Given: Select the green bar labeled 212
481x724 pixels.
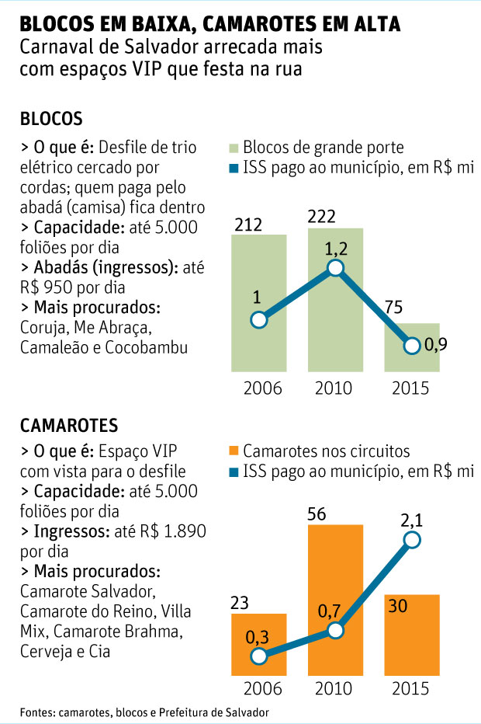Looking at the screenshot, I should coord(260,303).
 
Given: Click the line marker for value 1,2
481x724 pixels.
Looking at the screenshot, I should coord(335,268).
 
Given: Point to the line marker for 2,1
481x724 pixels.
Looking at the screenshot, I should coord(412,540).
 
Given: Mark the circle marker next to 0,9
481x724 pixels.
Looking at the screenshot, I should coord(412,346).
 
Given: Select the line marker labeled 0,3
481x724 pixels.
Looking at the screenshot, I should coord(260,656).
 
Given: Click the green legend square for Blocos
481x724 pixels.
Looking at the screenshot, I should coord(234,148).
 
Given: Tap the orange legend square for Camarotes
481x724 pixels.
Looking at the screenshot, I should coord(234,451).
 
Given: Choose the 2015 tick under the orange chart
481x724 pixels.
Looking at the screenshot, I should coord(412,689).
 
